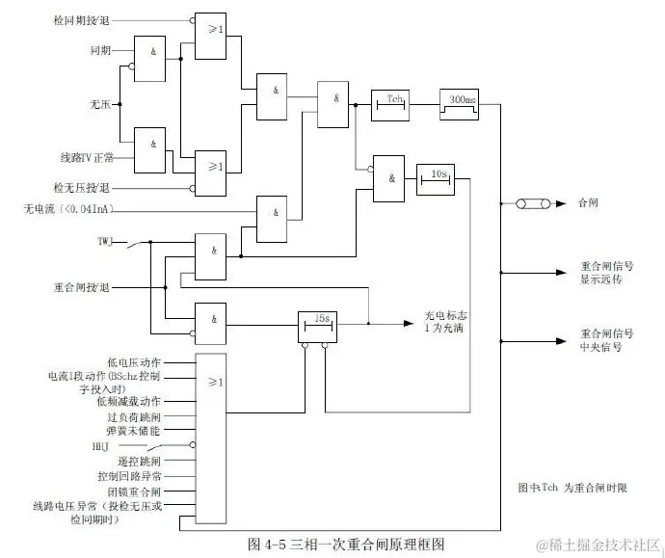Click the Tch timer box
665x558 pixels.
click(392, 103)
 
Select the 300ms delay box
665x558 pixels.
click(461, 103)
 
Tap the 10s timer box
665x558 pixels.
click(436, 178)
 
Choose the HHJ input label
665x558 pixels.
click(100, 446)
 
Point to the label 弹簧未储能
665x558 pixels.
click(133, 432)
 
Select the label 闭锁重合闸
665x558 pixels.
click(133, 491)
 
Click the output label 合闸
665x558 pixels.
click(587, 204)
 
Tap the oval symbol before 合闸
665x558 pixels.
click(532, 204)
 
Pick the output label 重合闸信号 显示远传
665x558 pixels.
click(606, 273)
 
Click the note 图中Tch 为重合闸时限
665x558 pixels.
click(572, 488)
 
